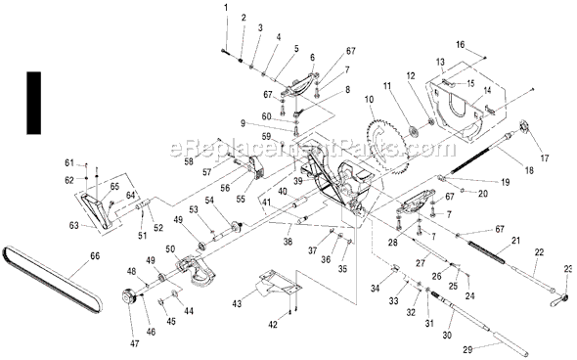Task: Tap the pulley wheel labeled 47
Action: tap(125, 297)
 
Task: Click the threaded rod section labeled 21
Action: tap(488, 258)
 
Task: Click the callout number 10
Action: tap(370, 99)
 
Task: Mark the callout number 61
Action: tap(69, 160)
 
